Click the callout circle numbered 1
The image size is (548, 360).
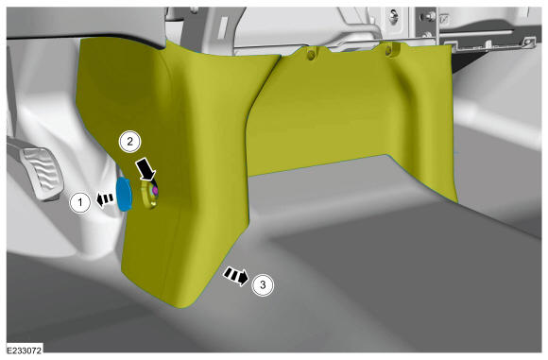point(80,202)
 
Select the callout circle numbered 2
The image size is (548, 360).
point(129,142)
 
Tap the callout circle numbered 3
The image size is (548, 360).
point(263,285)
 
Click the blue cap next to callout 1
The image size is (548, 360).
point(124,195)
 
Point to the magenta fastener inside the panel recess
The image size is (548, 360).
point(155,191)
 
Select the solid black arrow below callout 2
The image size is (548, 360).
point(146,169)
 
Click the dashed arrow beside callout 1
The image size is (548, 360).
point(105,199)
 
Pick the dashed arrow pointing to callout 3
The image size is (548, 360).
point(236,275)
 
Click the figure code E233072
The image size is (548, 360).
point(25,351)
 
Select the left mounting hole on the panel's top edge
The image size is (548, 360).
point(310,55)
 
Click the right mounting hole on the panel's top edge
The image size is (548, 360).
point(388,51)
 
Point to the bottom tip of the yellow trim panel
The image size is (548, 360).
point(181,308)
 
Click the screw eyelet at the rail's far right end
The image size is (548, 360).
point(528,43)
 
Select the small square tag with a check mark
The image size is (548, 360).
point(444,19)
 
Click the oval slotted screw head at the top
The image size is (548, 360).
point(394,16)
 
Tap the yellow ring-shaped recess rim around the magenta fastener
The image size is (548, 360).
point(149,193)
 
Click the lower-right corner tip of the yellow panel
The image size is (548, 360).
point(456,201)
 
